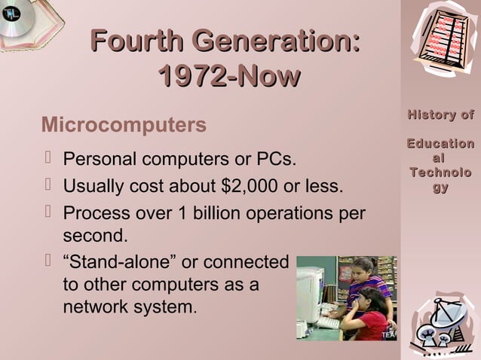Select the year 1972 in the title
pos(191,75)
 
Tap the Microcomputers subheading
pos(124,124)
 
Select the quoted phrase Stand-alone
pos(120,262)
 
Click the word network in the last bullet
pos(97,307)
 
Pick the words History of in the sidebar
pos(441,115)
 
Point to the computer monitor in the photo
pos(310,294)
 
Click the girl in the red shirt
pos(370,316)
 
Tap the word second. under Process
pos(95,236)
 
